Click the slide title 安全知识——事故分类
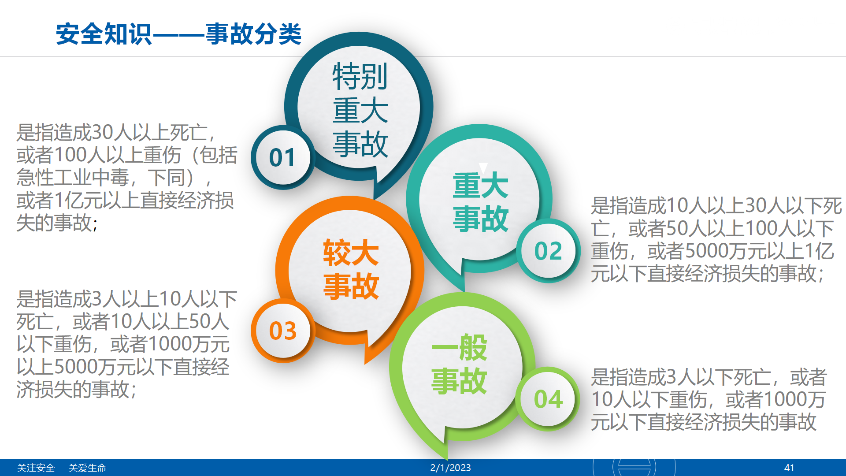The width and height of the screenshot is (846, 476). coord(178,34)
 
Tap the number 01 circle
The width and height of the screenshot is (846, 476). coord(282,157)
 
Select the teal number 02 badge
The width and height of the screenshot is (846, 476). coord(548,251)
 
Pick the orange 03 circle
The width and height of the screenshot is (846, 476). coord(283,331)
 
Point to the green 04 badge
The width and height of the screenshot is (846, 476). coord(548,399)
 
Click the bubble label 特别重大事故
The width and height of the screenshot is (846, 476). coord(360,110)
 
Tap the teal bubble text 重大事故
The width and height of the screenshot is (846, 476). coord(480,202)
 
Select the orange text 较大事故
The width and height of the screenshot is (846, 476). coord(351,269)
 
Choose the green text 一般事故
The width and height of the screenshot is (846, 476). coord(459,364)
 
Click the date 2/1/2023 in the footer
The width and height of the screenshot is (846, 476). coord(450,468)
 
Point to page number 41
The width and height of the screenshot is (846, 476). coord(789,468)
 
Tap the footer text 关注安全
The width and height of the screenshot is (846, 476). coord(36,468)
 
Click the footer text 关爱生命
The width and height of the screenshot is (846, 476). coord(87,468)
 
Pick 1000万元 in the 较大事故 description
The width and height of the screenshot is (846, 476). coord(188,344)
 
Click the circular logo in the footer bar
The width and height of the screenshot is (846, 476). coord(634,467)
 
